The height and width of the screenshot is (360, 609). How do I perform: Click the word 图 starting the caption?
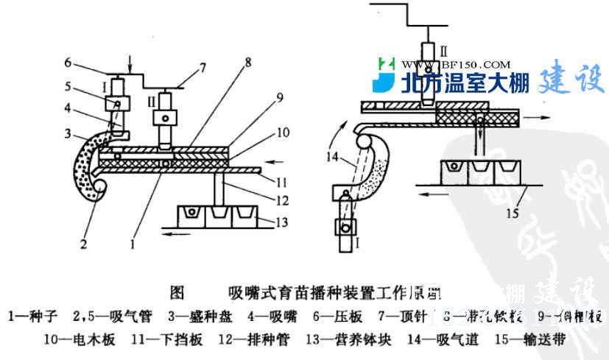176,292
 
